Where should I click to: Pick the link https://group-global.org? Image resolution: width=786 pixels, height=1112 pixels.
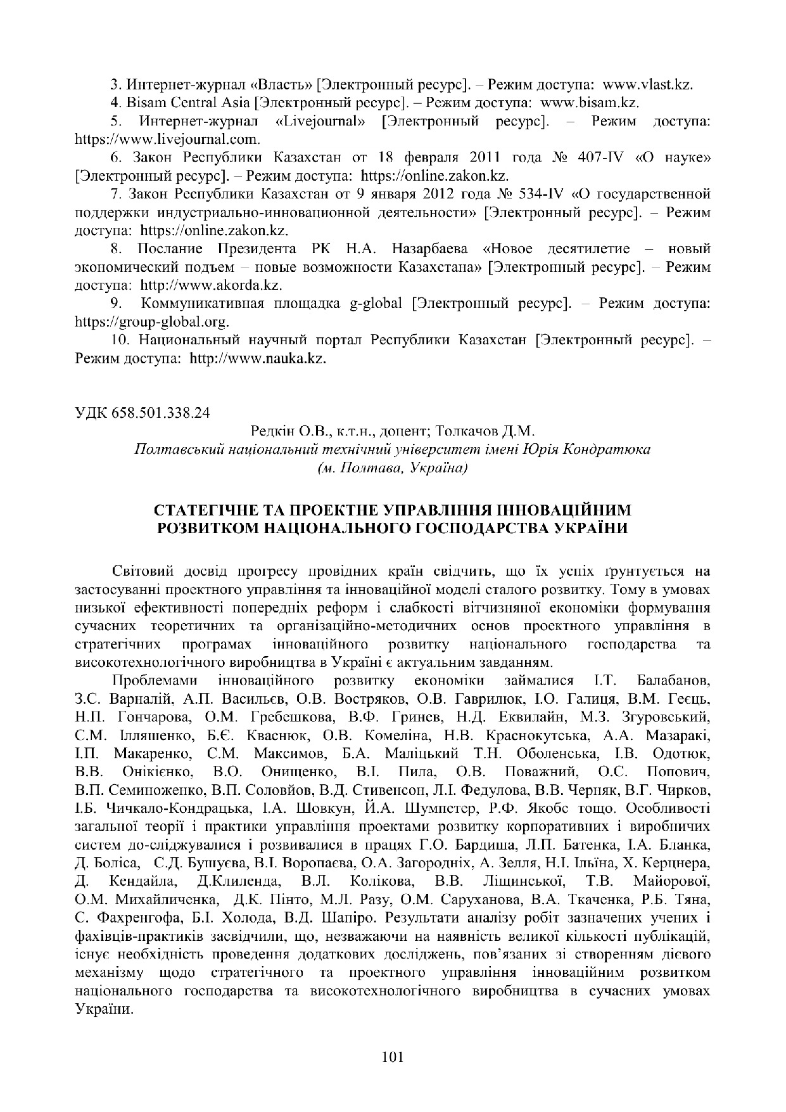pos(152,322)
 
